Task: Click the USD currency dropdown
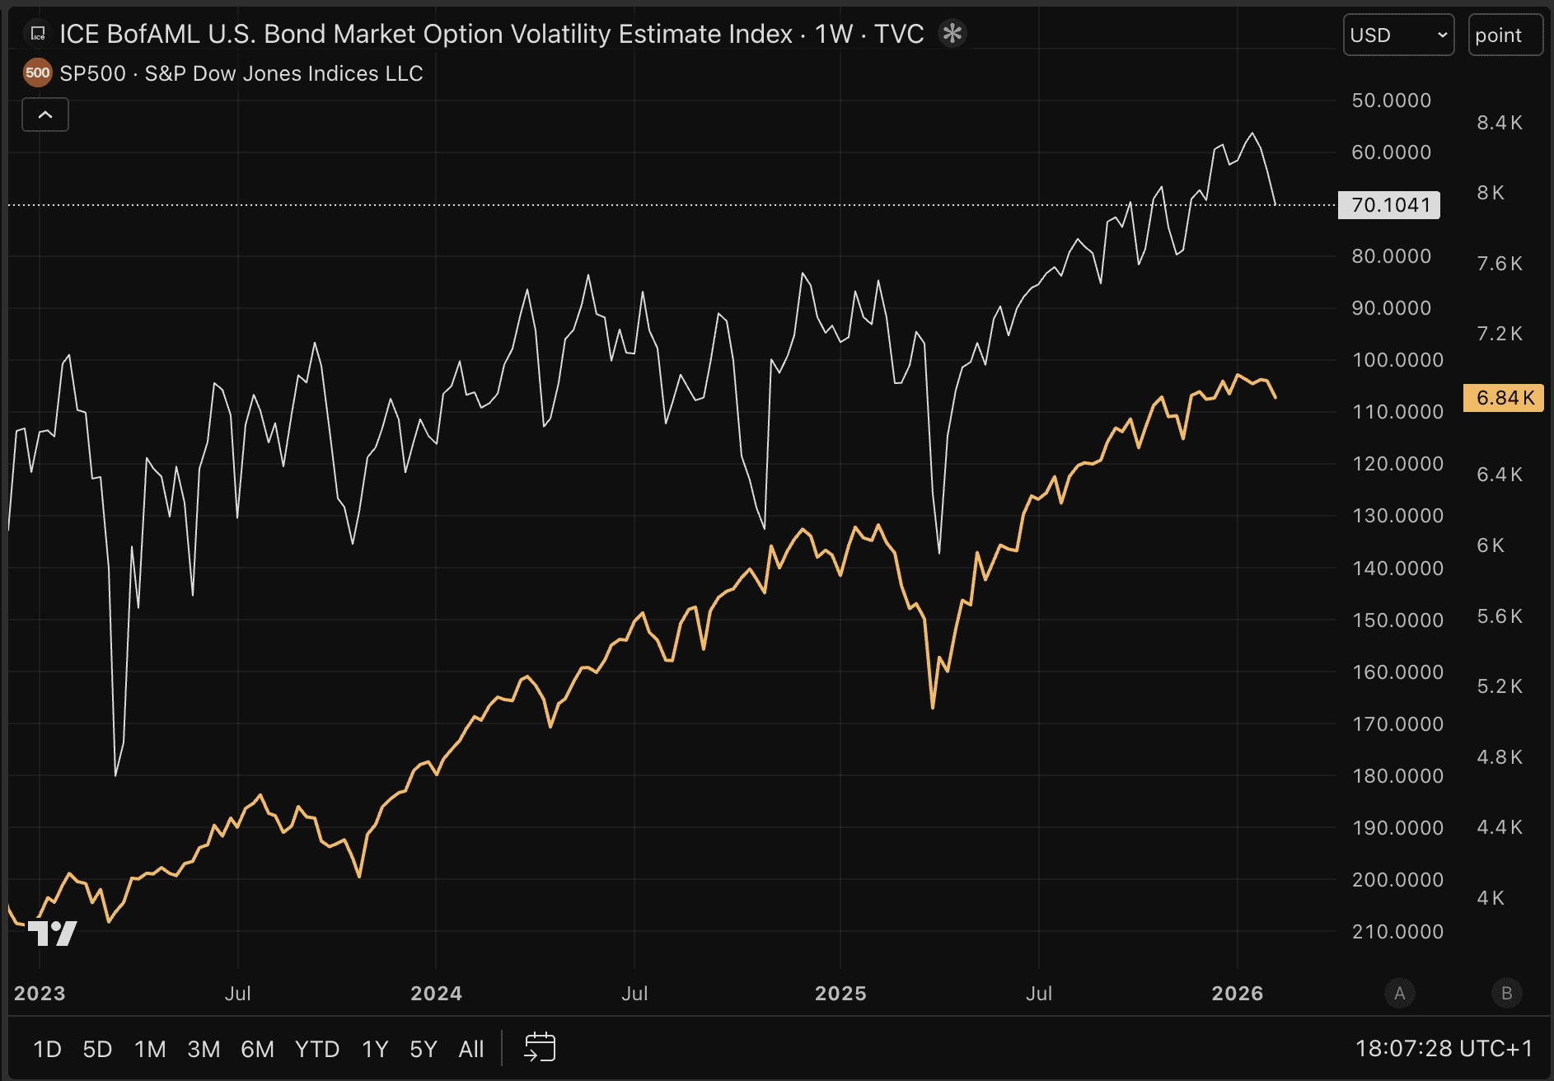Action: [x=1397, y=35]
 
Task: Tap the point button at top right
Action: [x=1505, y=35]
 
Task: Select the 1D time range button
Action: [x=47, y=1049]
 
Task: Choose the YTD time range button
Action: [x=317, y=1049]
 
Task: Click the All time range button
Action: [x=471, y=1049]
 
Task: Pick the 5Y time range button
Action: [x=423, y=1049]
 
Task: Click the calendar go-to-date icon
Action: [x=540, y=1048]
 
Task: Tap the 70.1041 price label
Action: [x=1390, y=205]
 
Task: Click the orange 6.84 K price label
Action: [x=1504, y=398]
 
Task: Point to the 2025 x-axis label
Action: [x=840, y=994]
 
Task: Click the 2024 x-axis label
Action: [x=436, y=994]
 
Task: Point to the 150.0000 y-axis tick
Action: [x=1397, y=620]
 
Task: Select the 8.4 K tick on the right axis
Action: [x=1500, y=123]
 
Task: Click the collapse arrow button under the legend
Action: [x=45, y=115]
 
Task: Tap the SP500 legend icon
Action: [x=37, y=73]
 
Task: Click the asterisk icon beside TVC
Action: [x=952, y=34]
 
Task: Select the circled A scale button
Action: [x=1399, y=994]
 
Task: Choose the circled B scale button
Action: [x=1506, y=994]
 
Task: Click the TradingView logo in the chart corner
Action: [x=53, y=934]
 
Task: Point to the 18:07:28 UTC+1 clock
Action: [x=1444, y=1049]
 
